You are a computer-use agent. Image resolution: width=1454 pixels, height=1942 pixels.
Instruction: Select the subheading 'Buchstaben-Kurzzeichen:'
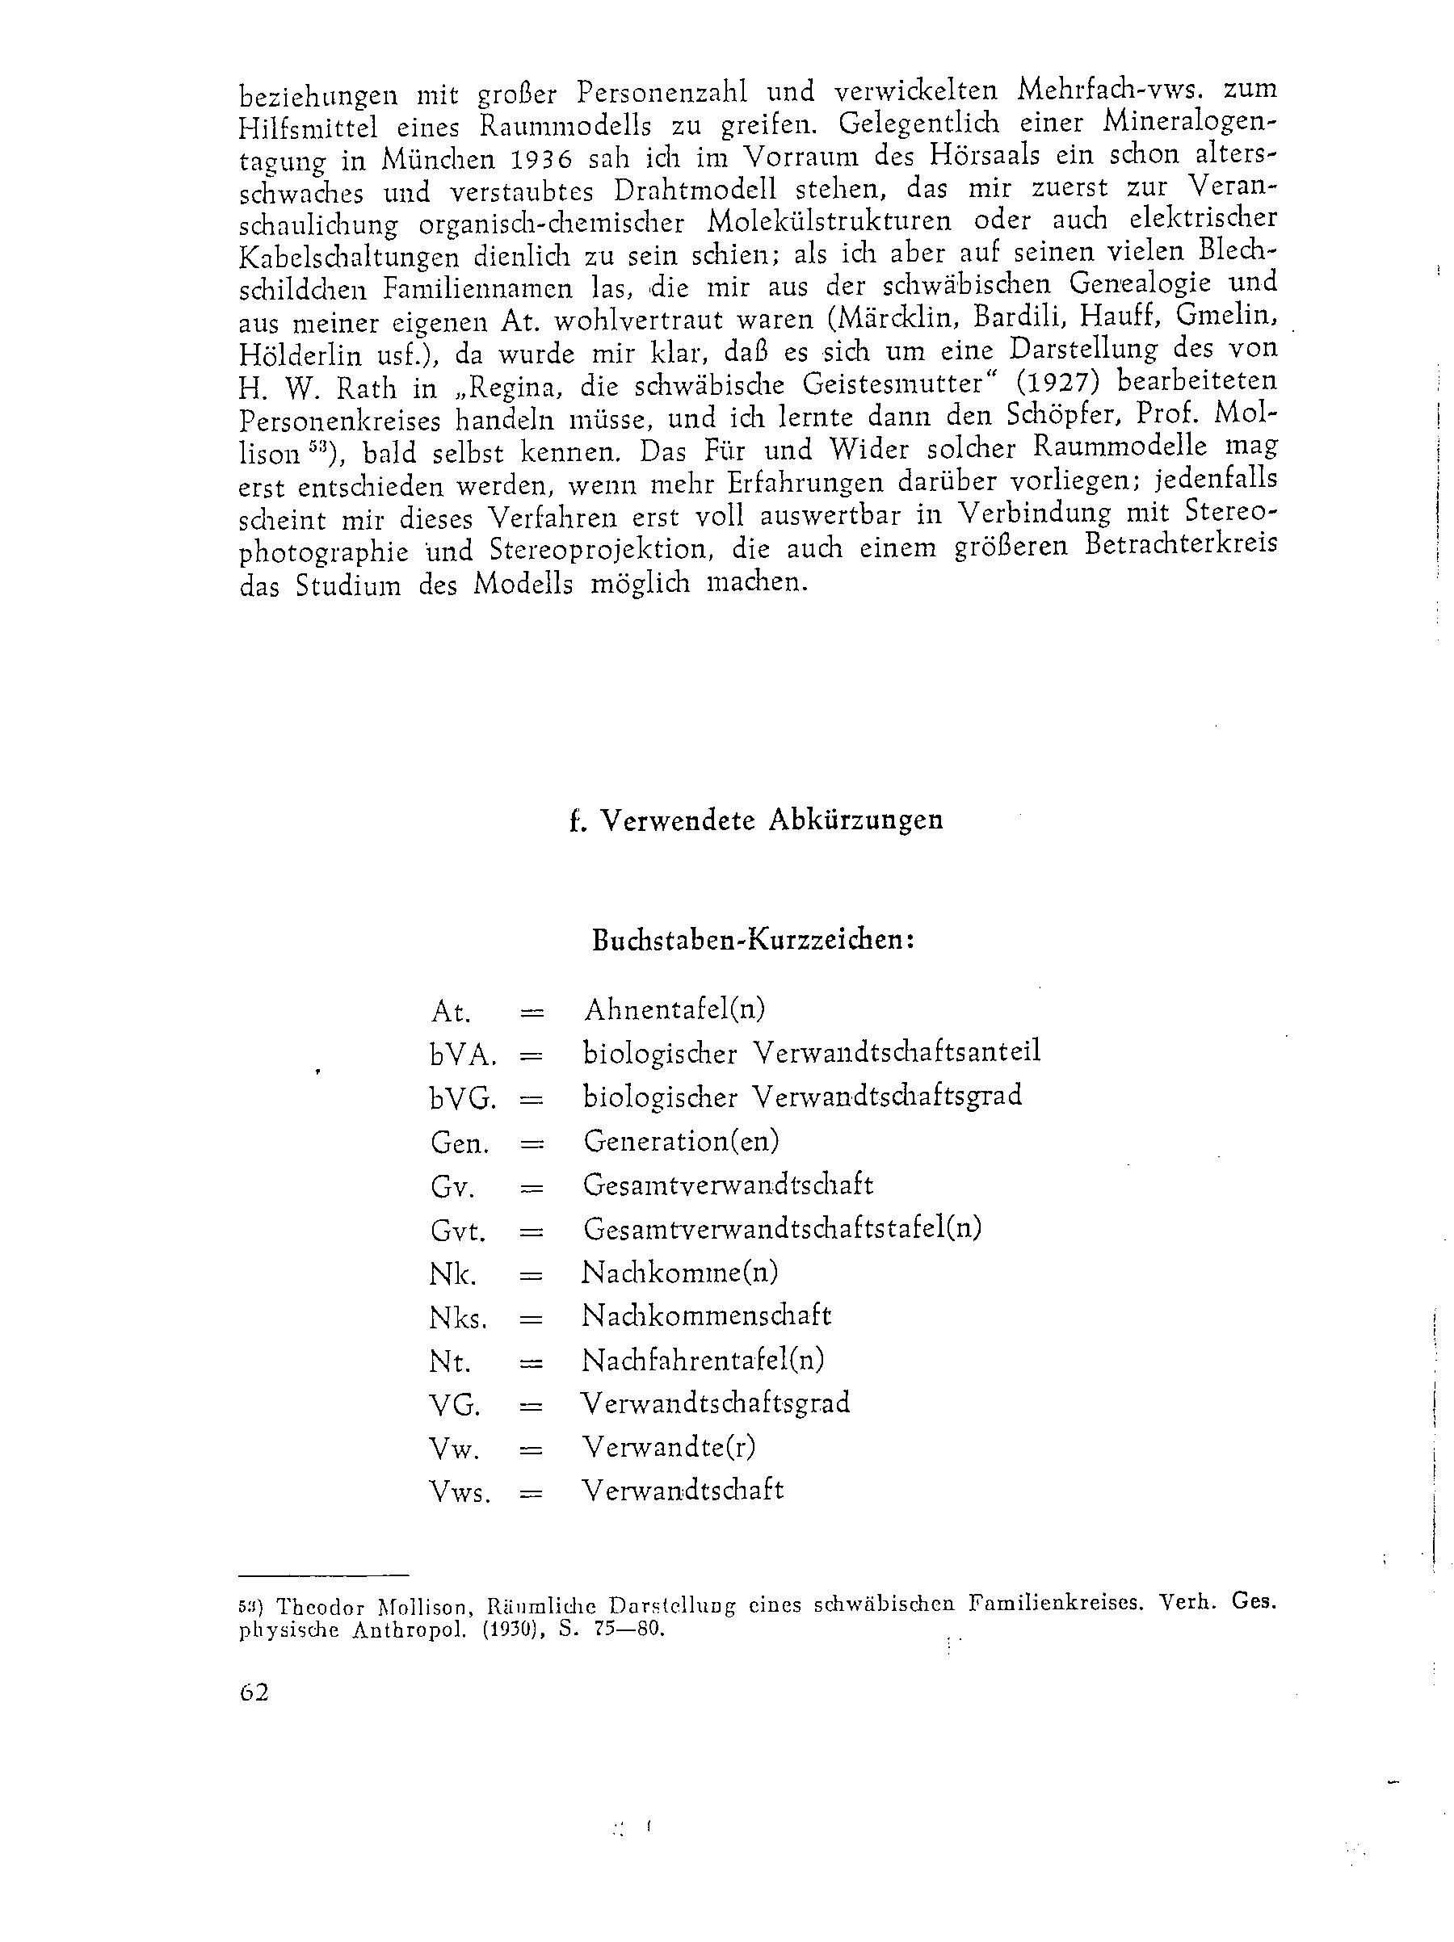click(754, 939)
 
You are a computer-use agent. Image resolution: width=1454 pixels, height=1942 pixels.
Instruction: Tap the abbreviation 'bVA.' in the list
click(464, 1054)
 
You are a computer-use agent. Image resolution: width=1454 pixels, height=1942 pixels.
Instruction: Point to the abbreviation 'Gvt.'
click(457, 1230)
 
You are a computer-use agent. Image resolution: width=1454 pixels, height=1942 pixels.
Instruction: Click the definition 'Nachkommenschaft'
click(706, 1315)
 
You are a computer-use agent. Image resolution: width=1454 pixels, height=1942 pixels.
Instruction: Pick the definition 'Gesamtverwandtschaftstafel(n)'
click(781, 1227)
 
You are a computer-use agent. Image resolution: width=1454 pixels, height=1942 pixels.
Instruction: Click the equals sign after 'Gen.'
click(532, 1143)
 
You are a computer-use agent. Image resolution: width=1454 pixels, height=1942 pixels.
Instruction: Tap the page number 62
click(254, 1692)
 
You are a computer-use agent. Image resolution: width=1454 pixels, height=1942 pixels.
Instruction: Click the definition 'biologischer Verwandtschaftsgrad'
click(801, 1096)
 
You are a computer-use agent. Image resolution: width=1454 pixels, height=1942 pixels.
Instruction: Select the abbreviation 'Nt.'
click(451, 1361)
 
